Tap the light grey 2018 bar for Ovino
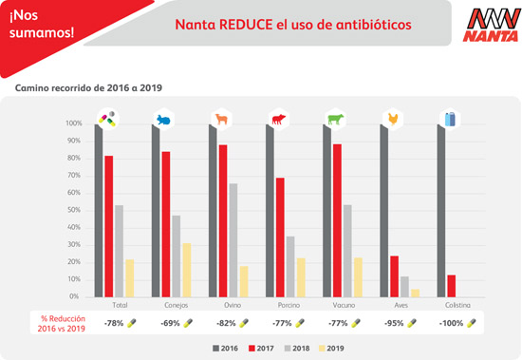[233, 239]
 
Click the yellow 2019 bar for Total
[129, 276]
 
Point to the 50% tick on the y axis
[73, 202]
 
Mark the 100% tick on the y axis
[73, 124]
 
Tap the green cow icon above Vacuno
[336, 120]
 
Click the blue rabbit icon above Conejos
[165, 120]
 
